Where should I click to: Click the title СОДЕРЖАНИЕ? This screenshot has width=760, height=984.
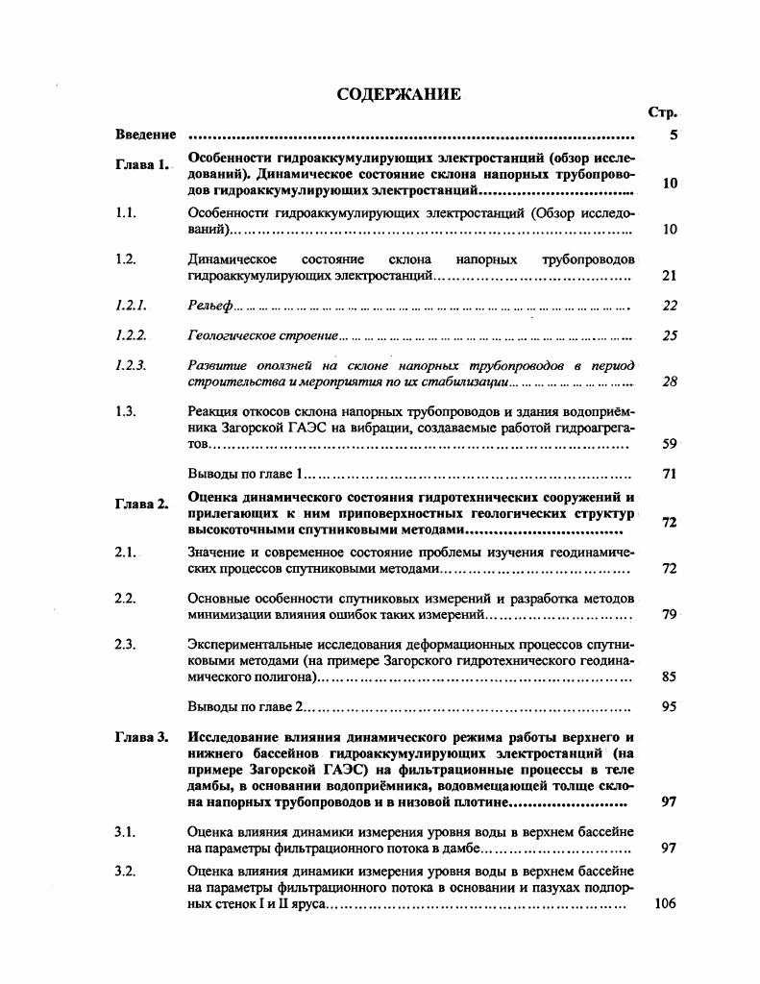[x=399, y=94]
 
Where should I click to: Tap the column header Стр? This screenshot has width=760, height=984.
[x=663, y=112]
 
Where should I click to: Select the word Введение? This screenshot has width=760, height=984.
[x=145, y=135]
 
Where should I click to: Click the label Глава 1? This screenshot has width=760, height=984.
[x=142, y=164]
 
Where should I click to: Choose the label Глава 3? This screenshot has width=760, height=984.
[x=142, y=737]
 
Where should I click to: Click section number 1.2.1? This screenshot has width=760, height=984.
[x=130, y=306]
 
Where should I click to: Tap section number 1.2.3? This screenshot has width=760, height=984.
[x=130, y=365]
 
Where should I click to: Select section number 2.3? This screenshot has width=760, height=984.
[x=124, y=644]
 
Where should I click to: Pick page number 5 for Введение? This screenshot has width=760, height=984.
[x=674, y=135]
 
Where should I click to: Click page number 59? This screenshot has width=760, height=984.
[x=670, y=444]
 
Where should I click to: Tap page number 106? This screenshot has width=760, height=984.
[x=665, y=903]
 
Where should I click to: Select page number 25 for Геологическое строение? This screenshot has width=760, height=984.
[x=670, y=335]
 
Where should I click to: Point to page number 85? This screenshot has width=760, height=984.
[x=670, y=676]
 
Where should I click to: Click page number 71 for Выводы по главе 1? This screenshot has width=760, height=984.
[x=670, y=474]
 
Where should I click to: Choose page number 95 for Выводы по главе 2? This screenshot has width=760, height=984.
[x=670, y=706]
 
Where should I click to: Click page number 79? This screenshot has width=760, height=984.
[x=670, y=614]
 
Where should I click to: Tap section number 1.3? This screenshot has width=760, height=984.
[x=124, y=411]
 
